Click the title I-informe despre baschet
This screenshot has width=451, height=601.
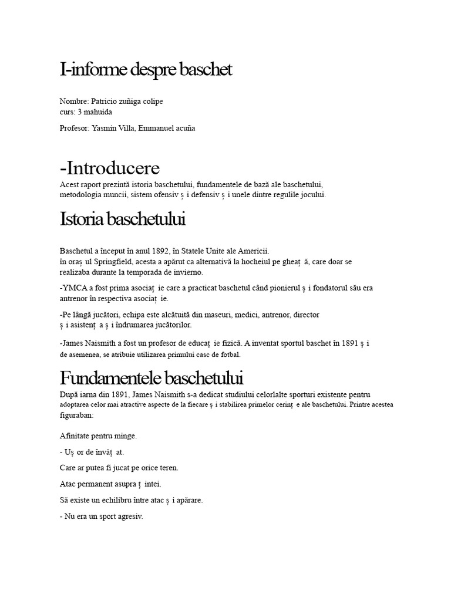point(146,70)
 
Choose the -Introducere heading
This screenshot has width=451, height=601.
point(110,168)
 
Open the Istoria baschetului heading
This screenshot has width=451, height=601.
point(123,220)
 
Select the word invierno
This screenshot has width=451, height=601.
point(189,272)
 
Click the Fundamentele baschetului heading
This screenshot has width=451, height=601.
point(152,377)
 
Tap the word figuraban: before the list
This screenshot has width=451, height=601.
point(76,415)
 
